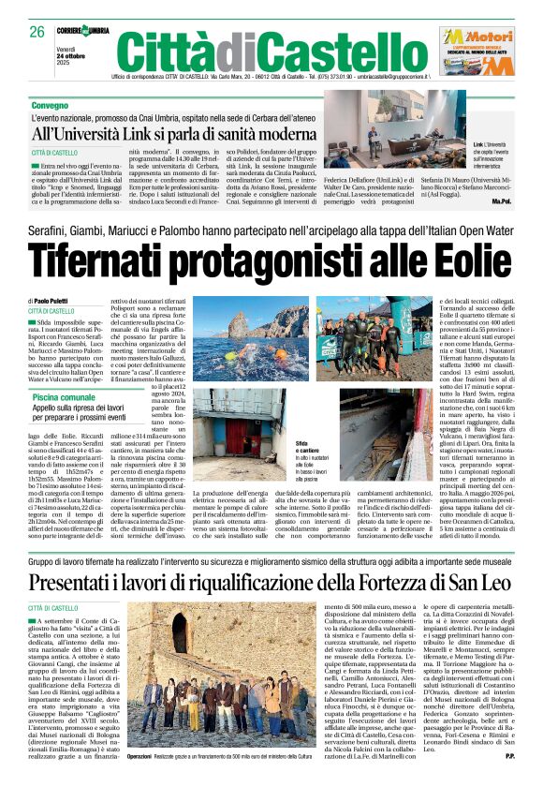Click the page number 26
[x=36, y=31]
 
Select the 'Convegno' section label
[x=50, y=108]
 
